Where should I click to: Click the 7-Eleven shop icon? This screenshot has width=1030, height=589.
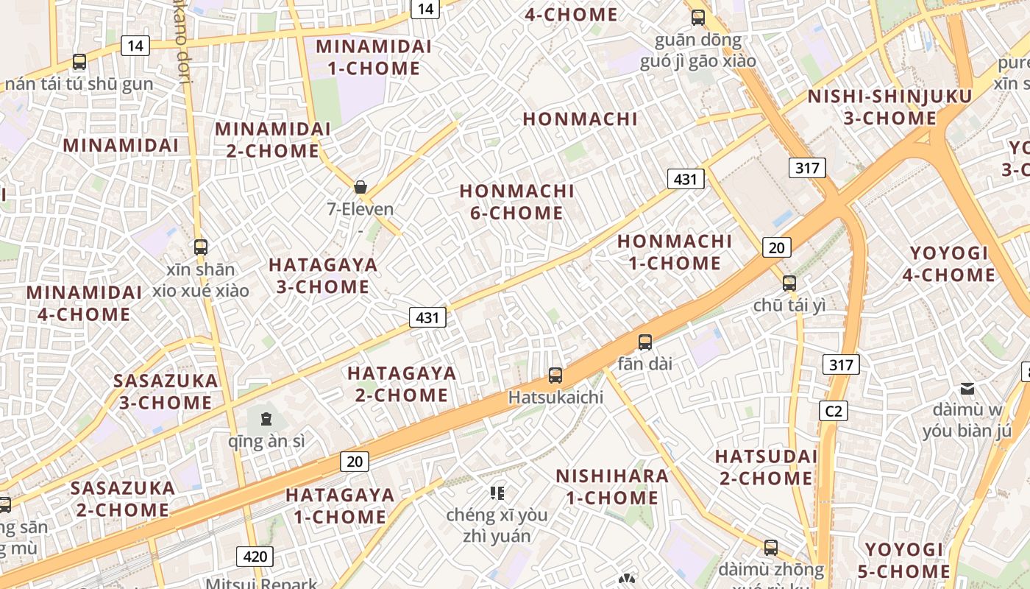pyautogui.click(x=360, y=187)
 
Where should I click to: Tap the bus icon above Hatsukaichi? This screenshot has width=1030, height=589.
pyautogui.click(x=555, y=375)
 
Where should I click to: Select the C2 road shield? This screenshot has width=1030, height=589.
pyautogui.click(x=834, y=411)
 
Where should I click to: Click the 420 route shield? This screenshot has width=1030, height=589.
pyautogui.click(x=255, y=556)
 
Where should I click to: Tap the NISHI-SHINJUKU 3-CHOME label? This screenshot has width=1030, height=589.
pyautogui.click(x=889, y=107)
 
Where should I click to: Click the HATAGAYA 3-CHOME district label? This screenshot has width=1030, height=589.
pyautogui.click(x=323, y=275)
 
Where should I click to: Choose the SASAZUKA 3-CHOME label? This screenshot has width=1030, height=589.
pyautogui.click(x=166, y=392)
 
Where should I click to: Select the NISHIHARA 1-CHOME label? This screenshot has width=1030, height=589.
pyautogui.click(x=612, y=487)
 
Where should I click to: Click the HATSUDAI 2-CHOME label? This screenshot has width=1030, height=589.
pyautogui.click(x=766, y=468)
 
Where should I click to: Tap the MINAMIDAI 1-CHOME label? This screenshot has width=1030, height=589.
pyautogui.click(x=373, y=57)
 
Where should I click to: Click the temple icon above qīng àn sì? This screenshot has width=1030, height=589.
pyautogui.click(x=266, y=420)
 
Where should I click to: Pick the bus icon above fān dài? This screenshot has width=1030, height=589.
pyautogui.click(x=645, y=342)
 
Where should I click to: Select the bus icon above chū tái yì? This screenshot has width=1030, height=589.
pyautogui.click(x=789, y=283)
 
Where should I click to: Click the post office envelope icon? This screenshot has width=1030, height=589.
pyautogui.click(x=967, y=388)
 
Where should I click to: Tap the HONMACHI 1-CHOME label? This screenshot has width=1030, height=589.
pyautogui.click(x=675, y=252)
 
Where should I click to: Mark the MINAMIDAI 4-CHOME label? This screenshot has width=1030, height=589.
pyautogui.click(x=83, y=303)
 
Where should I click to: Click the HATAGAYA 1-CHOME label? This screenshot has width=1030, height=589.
pyautogui.click(x=340, y=506)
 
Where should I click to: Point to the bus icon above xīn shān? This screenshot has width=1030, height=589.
pyautogui.click(x=200, y=247)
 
